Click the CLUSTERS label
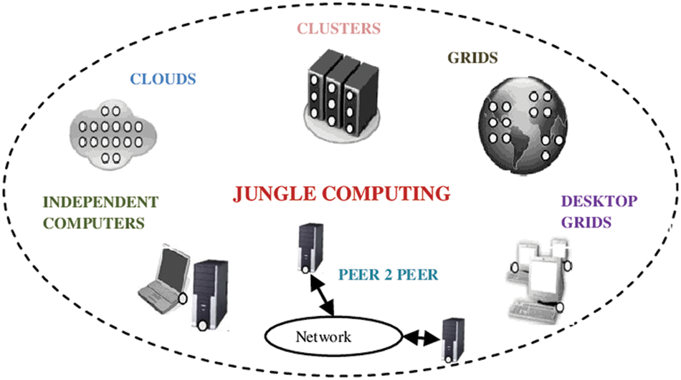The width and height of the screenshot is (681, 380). click(340, 29)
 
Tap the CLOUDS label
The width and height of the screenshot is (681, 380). click(163, 79)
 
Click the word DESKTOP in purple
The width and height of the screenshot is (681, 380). click(599, 201)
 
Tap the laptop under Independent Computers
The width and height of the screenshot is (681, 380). click(163, 278)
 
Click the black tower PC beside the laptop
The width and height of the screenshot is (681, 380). click(211, 293)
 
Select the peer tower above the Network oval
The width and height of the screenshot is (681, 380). click(307, 247)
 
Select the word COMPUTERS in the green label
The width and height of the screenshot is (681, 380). click(95, 223)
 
